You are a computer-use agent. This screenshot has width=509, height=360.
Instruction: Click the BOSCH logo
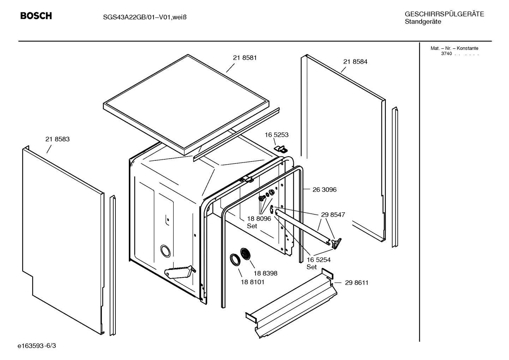point(36,16)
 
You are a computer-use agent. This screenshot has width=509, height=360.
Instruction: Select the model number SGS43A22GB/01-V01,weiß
point(142,17)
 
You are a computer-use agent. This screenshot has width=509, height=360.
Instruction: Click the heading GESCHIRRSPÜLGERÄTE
point(444,14)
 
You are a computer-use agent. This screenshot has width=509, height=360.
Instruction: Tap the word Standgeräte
point(423,22)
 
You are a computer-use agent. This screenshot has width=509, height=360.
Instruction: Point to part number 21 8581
point(245,58)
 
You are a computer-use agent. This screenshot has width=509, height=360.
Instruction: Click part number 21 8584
point(355,61)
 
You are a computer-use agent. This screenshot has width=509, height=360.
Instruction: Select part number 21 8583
point(58,139)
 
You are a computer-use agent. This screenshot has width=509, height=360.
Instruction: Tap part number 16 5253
point(276,135)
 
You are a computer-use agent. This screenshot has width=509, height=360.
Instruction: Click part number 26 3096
point(324,190)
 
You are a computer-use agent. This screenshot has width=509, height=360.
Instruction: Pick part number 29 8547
point(333,214)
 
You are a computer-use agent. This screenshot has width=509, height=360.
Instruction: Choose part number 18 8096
point(259,219)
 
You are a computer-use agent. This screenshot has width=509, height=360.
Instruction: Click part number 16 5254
point(318,260)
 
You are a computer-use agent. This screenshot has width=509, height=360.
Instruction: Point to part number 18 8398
point(265,273)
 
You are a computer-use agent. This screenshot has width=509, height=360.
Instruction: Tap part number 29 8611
point(357,283)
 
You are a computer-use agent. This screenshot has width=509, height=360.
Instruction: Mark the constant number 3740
point(446,54)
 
